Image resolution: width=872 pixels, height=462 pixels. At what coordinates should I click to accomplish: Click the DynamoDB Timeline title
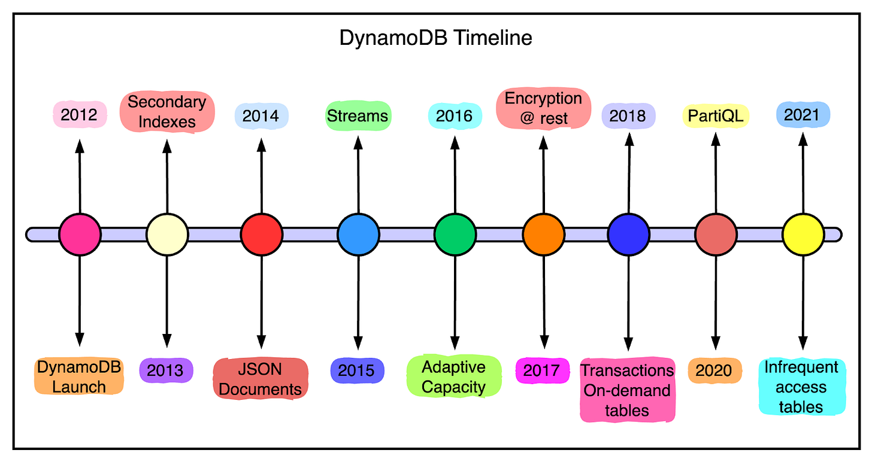[x=435, y=38]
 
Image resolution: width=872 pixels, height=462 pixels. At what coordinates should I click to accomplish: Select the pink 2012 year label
[x=80, y=114]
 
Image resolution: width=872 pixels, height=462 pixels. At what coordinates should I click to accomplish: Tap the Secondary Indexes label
[x=166, y=111]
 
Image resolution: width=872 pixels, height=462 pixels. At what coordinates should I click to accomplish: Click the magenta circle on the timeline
[x=80, y=234]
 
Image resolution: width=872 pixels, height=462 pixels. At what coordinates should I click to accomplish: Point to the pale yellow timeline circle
[x=167, y=234]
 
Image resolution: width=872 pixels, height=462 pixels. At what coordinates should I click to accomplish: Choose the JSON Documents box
[x=261, y=379]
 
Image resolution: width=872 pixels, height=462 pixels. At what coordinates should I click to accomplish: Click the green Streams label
[x=358, y=115]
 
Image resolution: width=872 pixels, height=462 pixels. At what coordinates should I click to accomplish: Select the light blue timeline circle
[x=358, y=234]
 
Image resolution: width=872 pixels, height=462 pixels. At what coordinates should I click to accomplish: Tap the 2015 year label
[x=358, y=370]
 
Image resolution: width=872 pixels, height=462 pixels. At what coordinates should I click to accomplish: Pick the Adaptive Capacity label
[x=453, y=376]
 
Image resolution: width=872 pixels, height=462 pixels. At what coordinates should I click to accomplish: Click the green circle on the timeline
[x=455, y=234]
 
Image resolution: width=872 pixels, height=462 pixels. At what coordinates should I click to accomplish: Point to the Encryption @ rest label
[x=543, y=108]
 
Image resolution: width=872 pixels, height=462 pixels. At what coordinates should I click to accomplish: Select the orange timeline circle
[x=544, y=234]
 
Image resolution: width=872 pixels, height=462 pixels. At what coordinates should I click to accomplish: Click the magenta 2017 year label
[x=541, y=370]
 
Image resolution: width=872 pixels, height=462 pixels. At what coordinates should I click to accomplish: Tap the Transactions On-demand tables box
[x=627, y=390]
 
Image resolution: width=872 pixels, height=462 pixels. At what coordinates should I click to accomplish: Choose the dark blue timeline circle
[x=629, y=234]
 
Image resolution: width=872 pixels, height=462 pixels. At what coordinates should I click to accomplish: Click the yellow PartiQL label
[x=715, y=115]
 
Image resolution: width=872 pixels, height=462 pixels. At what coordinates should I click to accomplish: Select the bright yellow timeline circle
[x=803, y=234]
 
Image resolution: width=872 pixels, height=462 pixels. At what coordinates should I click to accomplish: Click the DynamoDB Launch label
[x=79, y=376]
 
